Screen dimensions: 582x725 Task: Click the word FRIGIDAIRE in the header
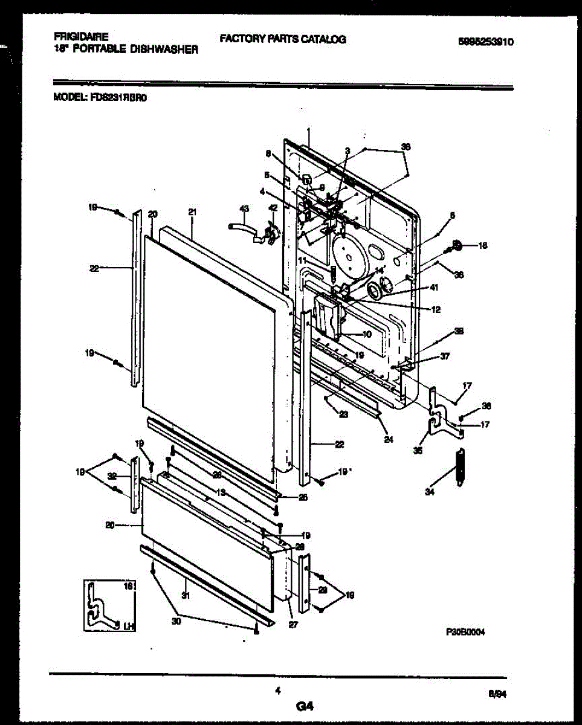[76, 37]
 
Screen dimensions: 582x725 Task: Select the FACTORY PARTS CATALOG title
[282, 39]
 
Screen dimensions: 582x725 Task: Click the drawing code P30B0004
[465, 631]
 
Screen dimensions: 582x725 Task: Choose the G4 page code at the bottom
[305, 705]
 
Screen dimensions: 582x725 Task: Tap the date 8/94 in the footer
[497, 695]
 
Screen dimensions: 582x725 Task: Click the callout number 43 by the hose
[244, 208]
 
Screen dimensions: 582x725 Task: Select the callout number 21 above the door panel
[193, 212]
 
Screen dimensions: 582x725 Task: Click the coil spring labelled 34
[461, 466]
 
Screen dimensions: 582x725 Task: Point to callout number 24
[388, 440]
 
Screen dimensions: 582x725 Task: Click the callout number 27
[294, 625]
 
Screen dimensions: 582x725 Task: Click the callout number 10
[367, 334]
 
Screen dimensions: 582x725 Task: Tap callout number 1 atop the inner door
[308, 131]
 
